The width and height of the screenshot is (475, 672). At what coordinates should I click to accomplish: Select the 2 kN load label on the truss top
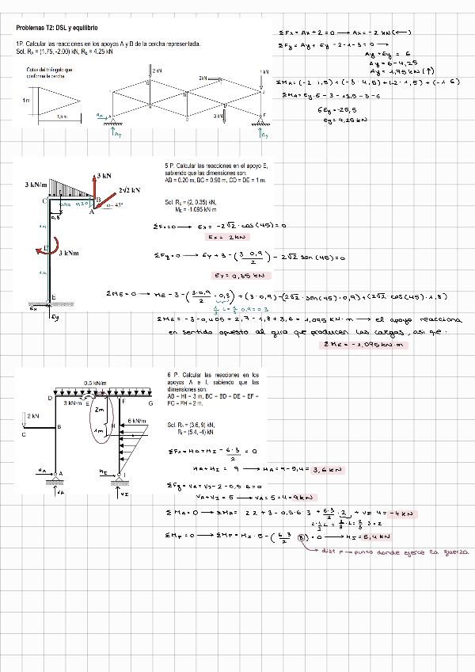coord(158,71)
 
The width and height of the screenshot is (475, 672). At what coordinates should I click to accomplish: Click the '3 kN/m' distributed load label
coord(40,185)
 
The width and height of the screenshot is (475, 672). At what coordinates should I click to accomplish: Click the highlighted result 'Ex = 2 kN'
coord(216,236)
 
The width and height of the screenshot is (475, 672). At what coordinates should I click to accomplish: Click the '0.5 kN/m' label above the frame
coord(93,382)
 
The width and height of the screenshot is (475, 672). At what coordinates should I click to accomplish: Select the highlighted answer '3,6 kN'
coord(325,469)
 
